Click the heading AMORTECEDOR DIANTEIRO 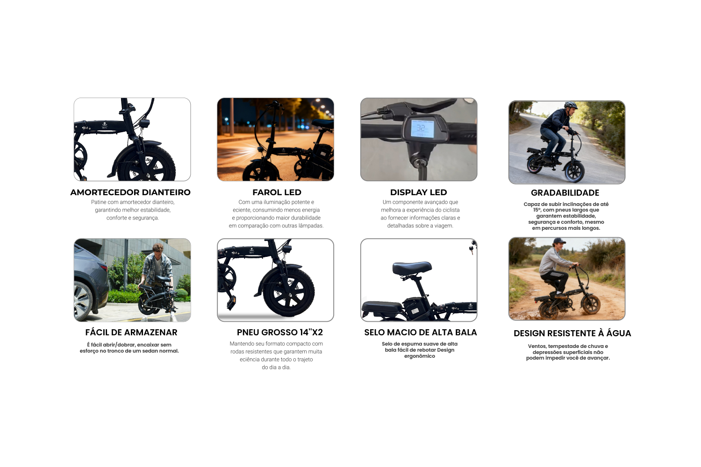pos(130,192)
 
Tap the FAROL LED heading pos(277,192)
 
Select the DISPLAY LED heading pos(418,192)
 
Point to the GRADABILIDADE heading pos(565,193)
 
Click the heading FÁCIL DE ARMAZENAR pos(131,332)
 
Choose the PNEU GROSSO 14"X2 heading pos(280,332)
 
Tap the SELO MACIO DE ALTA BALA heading pos(420,333)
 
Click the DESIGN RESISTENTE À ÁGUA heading pos(572,333)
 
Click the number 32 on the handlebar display pos(421,127)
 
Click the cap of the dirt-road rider pos(558,241)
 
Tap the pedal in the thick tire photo pos(231,302)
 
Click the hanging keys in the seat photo pos(472,247)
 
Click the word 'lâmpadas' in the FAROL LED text pos(311,226)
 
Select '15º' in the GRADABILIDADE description pos(537,210)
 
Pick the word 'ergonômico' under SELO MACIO pos(419,356)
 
